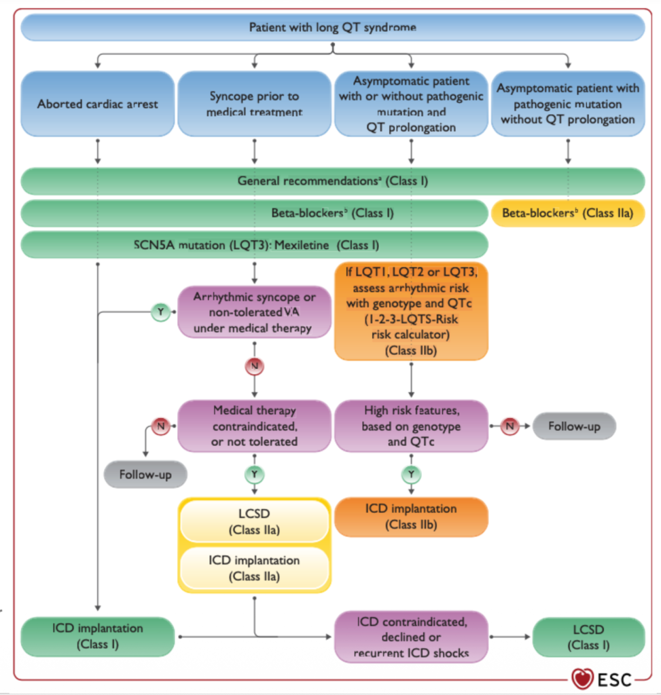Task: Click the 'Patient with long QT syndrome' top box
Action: point(333,27)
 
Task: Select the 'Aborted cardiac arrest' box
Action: point(98,104)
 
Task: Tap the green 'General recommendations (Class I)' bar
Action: point(333,181)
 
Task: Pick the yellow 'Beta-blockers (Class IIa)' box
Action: point(568,213)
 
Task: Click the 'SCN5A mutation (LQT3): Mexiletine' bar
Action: point(255,244)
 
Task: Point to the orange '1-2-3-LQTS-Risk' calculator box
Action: point(411,311)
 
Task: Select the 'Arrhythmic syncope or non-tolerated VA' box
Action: point(254,312)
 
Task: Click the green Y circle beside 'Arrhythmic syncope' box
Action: point(160,312)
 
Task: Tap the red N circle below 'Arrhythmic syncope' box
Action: point(254,366)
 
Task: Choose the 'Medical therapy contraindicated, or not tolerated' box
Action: point(254,426)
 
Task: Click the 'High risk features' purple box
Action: point(411,426)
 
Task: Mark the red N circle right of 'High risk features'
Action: point(510,426)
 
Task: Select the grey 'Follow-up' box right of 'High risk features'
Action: point(574,426)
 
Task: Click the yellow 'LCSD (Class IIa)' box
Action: point(254,521)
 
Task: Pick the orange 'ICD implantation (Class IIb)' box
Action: point(411,516)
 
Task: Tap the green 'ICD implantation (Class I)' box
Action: point(98,637)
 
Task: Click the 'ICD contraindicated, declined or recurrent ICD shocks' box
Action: point(411,637)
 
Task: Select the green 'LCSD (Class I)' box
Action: point(589,637)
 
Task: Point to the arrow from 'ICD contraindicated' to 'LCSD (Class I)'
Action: point(510,637)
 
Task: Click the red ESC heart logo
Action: point(582,679)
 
